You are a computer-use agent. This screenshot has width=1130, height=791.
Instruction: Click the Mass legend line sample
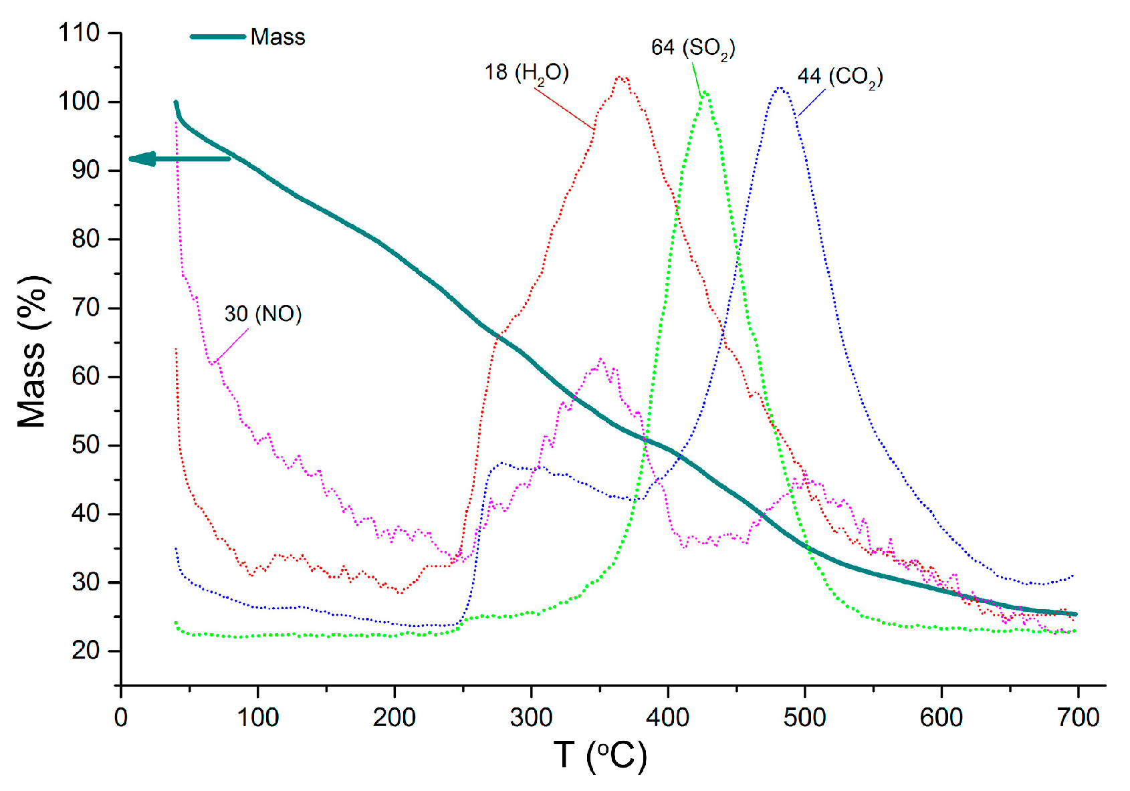coord(217,36)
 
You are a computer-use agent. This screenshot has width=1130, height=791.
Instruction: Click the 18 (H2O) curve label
coord(526,72)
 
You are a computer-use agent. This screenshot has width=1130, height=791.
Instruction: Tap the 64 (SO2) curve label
coord(693,48)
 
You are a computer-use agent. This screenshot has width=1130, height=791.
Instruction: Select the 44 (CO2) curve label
coord(840,77)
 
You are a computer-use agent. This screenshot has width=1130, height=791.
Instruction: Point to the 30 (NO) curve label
coord(263,314)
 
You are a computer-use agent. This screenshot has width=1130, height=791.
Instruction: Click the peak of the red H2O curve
coord(621,78)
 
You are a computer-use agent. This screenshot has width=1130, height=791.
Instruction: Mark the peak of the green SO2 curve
coord(705,92)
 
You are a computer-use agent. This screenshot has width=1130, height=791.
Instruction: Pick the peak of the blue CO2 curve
coord(780,88)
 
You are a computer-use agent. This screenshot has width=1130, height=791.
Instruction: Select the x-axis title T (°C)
coord(600,755)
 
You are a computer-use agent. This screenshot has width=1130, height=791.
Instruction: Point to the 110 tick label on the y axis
coord(78,33)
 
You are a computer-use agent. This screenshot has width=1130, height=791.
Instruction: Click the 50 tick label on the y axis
coord(85,445)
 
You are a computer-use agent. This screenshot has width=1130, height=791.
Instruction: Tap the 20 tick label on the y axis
coord(85,651)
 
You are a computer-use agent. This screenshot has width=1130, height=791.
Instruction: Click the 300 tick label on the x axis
coord(531,717)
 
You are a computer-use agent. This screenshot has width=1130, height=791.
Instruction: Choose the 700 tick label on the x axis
coord(1077,717)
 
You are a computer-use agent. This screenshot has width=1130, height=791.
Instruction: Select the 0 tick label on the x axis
coord(121,717)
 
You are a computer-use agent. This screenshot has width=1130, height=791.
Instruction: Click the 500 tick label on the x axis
coord(804,717)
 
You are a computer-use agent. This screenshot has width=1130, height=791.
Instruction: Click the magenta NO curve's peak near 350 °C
coord(600,360)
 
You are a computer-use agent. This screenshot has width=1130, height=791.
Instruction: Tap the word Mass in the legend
coord(277,37)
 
